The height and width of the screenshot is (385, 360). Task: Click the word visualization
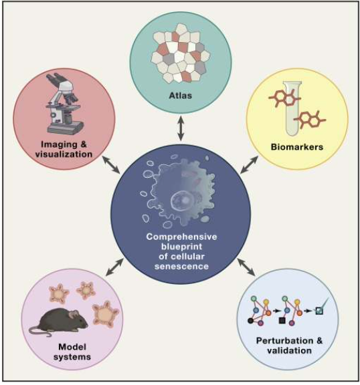(x=65, y=154)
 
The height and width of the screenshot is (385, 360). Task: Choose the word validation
(x=288, y=350)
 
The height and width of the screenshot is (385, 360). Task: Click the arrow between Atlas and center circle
(x=180, y=126)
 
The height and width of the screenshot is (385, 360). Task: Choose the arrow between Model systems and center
(x=112, y=268)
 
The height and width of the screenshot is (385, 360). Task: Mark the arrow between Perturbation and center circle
(x=248, y=267)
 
